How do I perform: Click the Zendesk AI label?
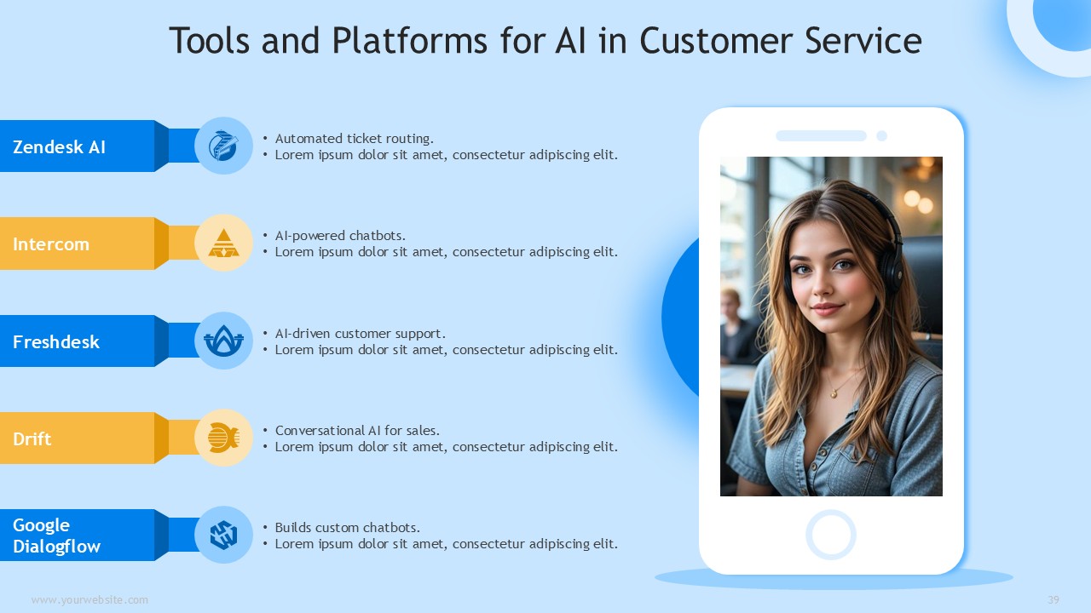pos(59,147)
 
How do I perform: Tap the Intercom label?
pos(51,244)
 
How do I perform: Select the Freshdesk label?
pos(56,342)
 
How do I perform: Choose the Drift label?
pos(32,438)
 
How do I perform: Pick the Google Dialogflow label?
pos(56,536)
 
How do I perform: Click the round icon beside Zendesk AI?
pos(223,146)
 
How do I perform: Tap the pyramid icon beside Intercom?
pos(223,243)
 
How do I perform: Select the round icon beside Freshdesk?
pos(223,341)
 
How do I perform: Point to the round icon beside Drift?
pos(223,438)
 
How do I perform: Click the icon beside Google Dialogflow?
pos(223,536)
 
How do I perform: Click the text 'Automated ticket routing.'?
pos(354,139)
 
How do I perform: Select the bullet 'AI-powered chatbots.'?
pos(340,236)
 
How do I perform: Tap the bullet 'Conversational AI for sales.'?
pos(357,431)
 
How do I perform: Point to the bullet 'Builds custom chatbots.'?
pos(347,527)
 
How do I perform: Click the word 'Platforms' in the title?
pos(410,40)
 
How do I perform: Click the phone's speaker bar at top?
pos(821,135)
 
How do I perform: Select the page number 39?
pos(1053,599)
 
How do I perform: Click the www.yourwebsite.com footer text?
pos(89,600)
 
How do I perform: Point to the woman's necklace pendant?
pos(834,393)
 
